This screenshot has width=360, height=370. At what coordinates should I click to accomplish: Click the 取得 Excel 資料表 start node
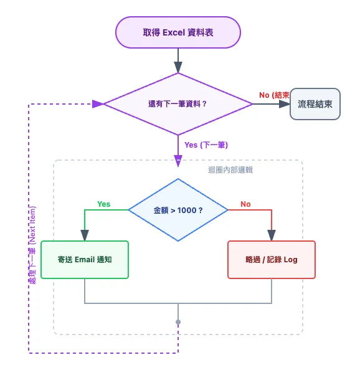pyautogui.click(x=178, y=32)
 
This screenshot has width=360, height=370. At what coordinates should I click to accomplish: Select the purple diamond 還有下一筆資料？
pyautogui.click(x=178, y=104)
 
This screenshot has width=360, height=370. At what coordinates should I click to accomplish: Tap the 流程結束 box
pyautogui.click(x=315, y=104)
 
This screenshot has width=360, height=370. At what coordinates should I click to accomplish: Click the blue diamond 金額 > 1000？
pyautogui.click(x=178, y=210)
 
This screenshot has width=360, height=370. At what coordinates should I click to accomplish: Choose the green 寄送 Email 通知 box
pyautogui.click(x=85, y=259)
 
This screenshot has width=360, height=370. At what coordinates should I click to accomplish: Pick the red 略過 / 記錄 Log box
pyautogui.click(x=272, y=259)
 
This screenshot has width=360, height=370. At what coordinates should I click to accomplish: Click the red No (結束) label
pyautogui.click(x=274, y=95)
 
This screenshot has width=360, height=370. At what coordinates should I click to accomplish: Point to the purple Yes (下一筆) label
pyautogui.click(x=206, y=145)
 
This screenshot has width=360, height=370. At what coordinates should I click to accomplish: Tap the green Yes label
pyautogui.click(x=103, y=204)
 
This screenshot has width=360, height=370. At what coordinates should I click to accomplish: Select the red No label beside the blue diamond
pyautogui.click(x=245, y=204)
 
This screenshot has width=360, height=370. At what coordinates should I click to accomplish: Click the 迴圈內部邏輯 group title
pyautogui.click(x=230, y=169)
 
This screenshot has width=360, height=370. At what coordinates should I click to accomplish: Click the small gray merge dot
pyautogui.click(x=178, y=322)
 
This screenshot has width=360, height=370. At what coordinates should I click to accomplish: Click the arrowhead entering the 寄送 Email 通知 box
pyautogui.click(x=85, y=235)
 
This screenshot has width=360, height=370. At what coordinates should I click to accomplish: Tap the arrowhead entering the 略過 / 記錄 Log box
pyautogui.click(x=272, y=235)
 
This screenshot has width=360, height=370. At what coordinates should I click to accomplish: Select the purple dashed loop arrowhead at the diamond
pyautogui.click(x=98, y=104)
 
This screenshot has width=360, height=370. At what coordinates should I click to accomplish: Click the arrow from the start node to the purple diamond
pyautogui.click(x=178, y=60)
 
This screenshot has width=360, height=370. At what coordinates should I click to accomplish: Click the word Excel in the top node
pyautogui.click(x=174, y=32)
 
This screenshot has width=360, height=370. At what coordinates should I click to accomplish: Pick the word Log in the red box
pyautogui.click(x=290, y=259)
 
